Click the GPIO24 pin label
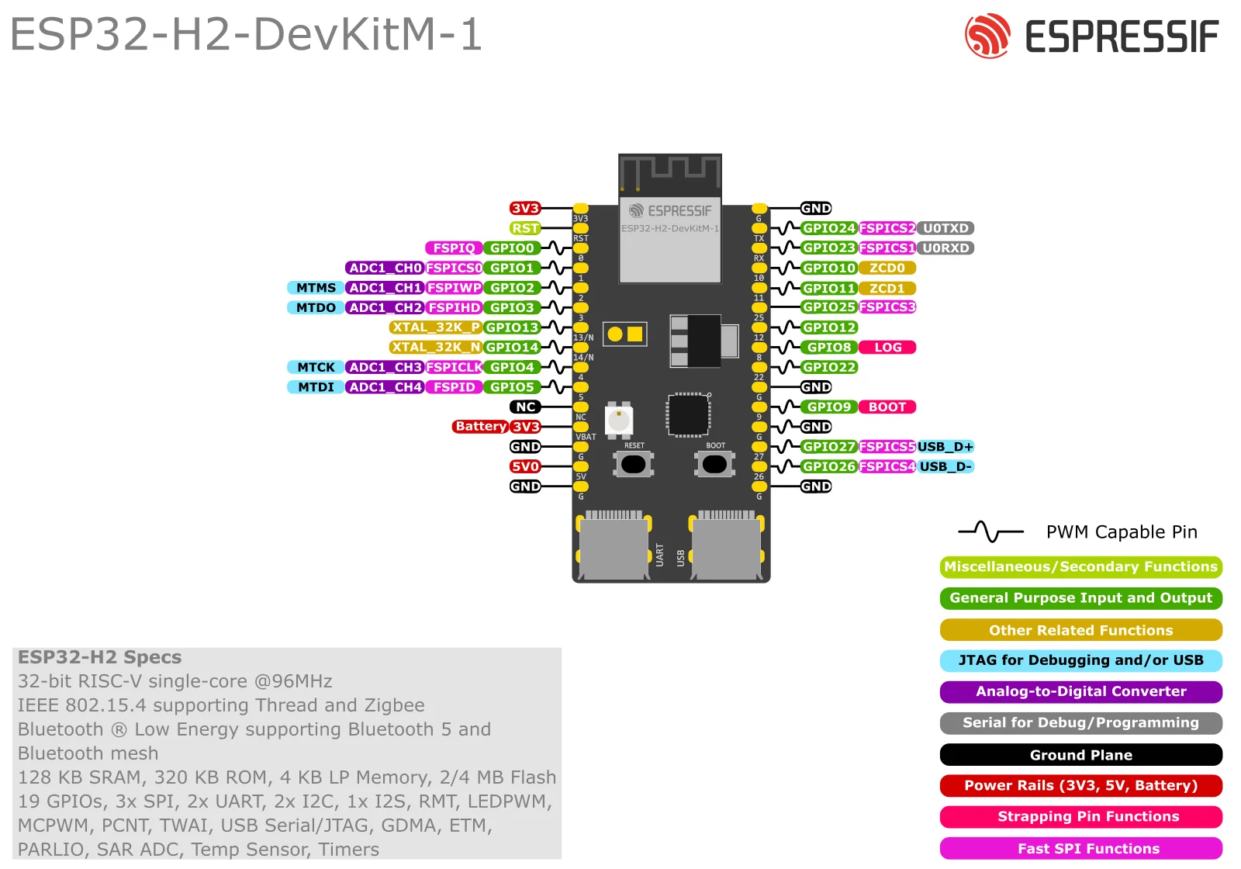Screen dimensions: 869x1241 (828, 228)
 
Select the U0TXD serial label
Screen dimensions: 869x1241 (945, 228)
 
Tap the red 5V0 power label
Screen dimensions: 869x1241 (525, 466)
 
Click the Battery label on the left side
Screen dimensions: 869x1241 (480, 426)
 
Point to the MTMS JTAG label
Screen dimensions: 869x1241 (316, 288)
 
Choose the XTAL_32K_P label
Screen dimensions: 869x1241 (435, 327)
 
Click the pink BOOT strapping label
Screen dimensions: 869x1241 (887, 407)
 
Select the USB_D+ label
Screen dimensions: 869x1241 (945, 447)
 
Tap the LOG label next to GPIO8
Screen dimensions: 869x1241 (887, 348)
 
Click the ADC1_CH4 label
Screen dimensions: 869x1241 (385, 387)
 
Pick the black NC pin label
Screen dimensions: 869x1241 (525, 407)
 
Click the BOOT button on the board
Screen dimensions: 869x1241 (714, 464)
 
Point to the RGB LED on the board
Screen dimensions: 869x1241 (618, 421)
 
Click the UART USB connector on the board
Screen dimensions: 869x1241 (614, 548)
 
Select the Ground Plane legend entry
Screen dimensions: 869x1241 (1080, 755)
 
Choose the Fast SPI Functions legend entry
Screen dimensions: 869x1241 (1080, 849)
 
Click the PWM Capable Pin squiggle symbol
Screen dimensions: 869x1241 (990, 532)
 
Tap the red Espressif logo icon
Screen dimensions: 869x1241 (987, 36)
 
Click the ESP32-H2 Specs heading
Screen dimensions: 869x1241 (99, 657)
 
